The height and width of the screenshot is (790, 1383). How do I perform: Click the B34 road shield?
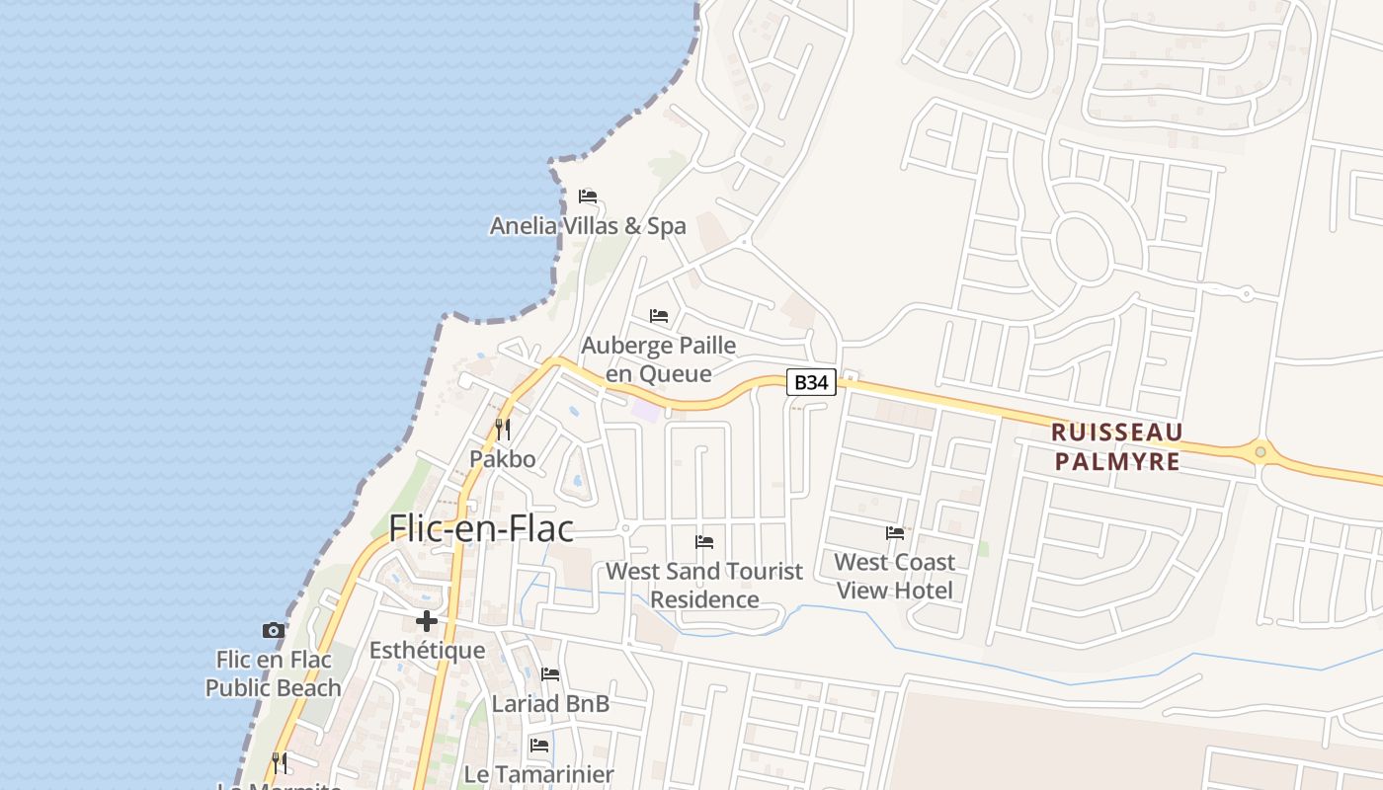(x=811, y=382)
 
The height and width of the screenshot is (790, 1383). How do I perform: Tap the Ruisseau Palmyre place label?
(x=1116, y=446)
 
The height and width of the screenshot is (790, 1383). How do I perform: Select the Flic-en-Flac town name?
(x=481, y=529)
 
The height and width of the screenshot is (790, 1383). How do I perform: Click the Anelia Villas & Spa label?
(x=588, y=226)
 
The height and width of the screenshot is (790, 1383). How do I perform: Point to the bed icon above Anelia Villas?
(x=588, y=196)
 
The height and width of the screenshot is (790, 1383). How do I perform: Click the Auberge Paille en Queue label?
(x=659, y=359)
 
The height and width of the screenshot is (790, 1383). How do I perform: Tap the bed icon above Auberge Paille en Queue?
(x=659, y=316)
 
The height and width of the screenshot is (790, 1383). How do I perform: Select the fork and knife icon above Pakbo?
(x=503, y=429)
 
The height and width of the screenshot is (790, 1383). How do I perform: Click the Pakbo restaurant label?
(x=503, y=459)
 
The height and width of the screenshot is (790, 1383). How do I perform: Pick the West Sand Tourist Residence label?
(x=704, y=585)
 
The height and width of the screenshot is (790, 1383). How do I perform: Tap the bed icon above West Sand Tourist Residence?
(x=704, y=541)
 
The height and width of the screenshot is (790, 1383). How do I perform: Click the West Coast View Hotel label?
(x=895, y=576)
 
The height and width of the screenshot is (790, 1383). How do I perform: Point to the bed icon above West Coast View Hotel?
(x=895, y=533)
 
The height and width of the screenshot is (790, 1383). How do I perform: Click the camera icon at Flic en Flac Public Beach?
(x=274, y=630)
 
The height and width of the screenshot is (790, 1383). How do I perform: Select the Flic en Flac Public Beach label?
(x=273, y=673)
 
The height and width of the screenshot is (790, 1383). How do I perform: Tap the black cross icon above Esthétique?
(x=427, y=621)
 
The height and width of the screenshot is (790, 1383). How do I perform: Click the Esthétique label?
(x=427, y=651)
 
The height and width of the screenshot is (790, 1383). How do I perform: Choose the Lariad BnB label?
(x=550, y=704)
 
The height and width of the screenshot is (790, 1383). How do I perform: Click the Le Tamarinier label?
(x=539, y=774)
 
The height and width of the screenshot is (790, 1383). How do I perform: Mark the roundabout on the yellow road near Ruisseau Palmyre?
(x=1261, y=452)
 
